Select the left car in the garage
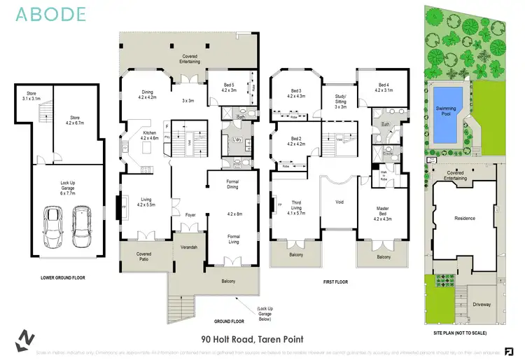[x=52, y=222]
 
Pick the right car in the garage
[x=82, y=222]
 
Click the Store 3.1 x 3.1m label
[x=32, y=96]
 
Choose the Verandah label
[x=189, y=248]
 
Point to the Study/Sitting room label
[x=340, y=103]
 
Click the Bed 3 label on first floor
[x=297, y=93]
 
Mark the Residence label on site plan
[x=465, y=218]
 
